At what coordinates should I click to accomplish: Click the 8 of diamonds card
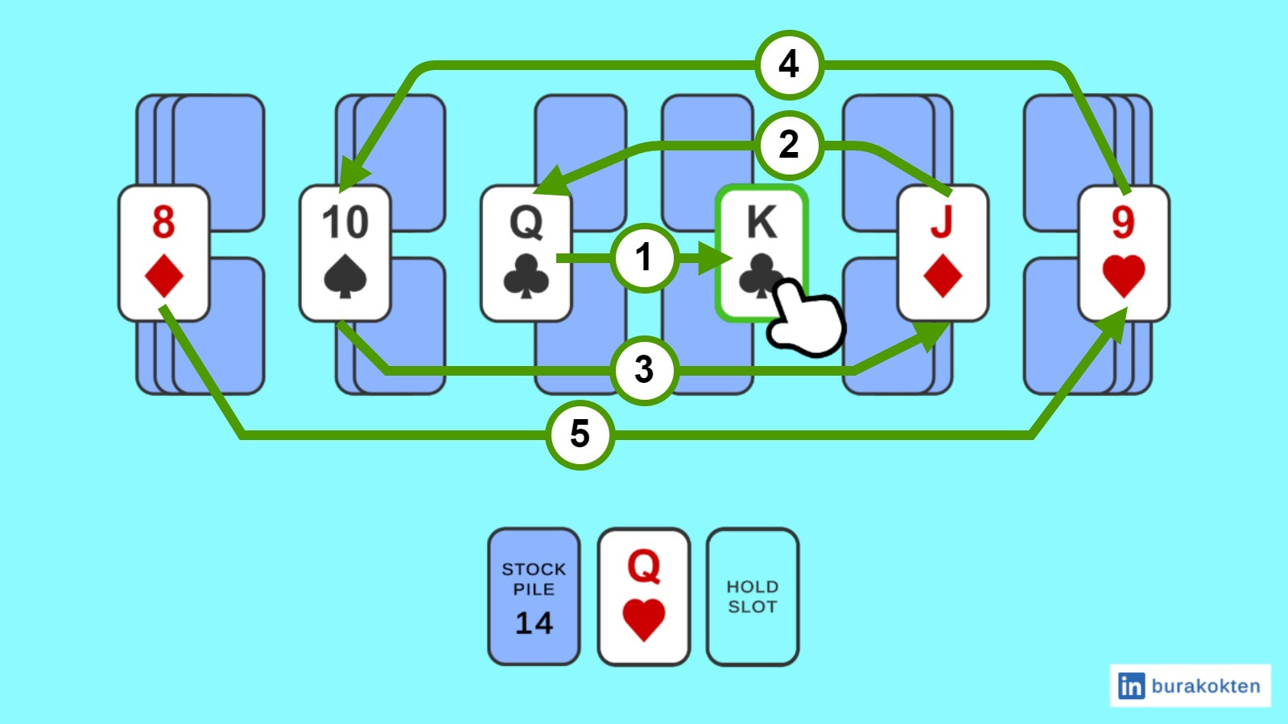click(163, 253)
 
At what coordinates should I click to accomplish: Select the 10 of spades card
click(345, 253)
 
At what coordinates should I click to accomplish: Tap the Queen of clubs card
click(526, 253)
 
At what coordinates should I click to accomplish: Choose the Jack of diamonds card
click(943, 253)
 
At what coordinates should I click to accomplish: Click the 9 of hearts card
click(1124, 253)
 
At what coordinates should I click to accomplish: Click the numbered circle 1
click(643, 258)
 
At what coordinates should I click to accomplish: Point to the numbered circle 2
click(789, 145)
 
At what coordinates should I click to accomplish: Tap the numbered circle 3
click(643, 370)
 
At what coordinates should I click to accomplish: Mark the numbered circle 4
click(789, 64)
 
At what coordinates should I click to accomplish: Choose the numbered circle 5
click(580, 434)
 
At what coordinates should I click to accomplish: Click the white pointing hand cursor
click(805, 318)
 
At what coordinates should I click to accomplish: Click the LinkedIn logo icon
click(1131, 686)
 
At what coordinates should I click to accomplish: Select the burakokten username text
click(1205, 686)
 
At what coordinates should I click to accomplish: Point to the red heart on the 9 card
click(1124, 276)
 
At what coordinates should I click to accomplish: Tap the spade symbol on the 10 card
click(345, 278)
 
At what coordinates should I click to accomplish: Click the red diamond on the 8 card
click(163, 277)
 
